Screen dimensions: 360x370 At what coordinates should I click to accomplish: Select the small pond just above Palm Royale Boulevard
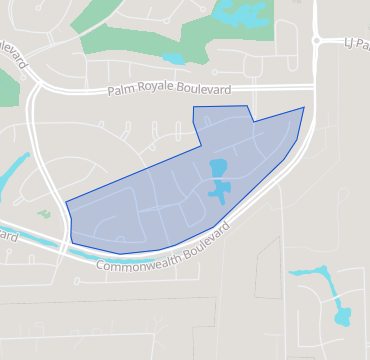point(174,59)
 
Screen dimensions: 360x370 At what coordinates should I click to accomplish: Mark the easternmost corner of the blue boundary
point(304,108)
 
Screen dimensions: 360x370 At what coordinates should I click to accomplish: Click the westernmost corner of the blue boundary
point(66,204)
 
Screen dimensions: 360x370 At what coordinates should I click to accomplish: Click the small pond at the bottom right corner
point(343,316)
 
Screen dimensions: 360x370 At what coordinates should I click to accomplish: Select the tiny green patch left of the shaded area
point(43,213)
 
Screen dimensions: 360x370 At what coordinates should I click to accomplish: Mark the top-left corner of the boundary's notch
point(193,106)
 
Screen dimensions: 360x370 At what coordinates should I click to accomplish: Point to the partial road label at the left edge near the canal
point(8,237)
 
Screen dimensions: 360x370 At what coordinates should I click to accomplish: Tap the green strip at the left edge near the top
point(7,90)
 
